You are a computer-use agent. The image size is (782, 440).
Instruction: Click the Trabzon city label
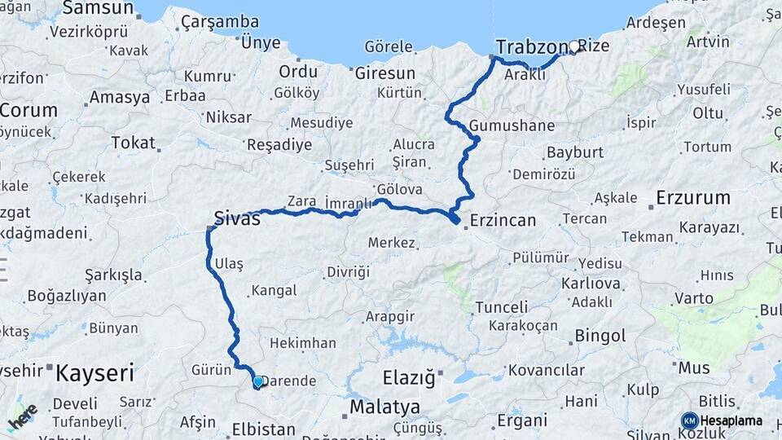coord(530,46)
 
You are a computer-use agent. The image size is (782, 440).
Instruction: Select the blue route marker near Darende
coord(258,381)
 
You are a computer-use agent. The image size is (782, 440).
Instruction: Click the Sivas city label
coord(237,218)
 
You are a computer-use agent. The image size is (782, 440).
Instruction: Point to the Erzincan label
coord(503,220)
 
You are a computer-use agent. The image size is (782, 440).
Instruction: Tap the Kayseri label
coord(94,374)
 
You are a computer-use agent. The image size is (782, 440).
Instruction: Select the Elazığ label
coord(409,378)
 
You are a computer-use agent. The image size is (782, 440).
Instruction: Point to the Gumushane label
coord(512,126)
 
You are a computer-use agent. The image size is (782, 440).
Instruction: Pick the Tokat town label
coord(133,143)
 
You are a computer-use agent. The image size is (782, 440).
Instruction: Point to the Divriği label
coord(348,271)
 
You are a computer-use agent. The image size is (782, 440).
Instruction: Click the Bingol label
coord(600,336)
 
